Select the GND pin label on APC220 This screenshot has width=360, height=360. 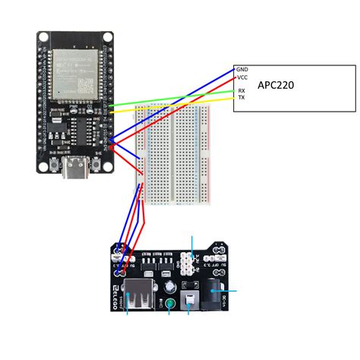pos(242,69)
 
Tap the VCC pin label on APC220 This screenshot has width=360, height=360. pos(242,77)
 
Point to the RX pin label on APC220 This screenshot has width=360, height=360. pos(242,90)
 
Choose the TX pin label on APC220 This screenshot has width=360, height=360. pos(242,98)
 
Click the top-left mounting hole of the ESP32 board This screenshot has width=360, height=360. pos(44,37)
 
